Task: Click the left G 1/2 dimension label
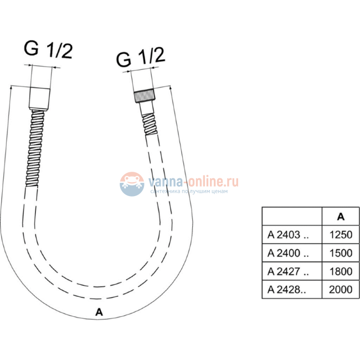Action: click(48, 50)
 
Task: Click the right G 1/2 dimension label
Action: click(141, 57)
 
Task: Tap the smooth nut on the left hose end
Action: click(39, 98)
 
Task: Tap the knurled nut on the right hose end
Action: click(144, 96)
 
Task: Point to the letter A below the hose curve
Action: click(99, 312)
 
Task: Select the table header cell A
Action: click(341, 217)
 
